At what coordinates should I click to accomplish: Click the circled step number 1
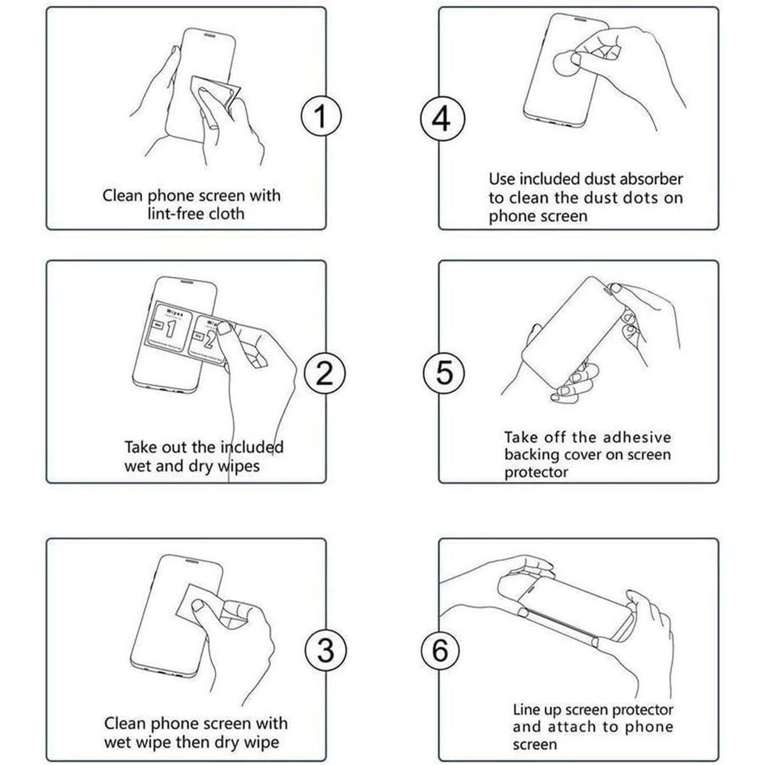coord(320,116)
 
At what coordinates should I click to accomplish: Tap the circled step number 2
coord(325,373)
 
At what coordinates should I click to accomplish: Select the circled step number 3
coord(325,651)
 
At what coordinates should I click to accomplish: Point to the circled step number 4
coord(442,118)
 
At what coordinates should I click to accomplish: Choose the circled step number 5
coord(444,372)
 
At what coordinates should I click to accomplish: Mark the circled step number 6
coord(440,651)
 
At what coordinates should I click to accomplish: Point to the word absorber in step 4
coord(651,179)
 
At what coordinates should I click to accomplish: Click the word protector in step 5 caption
coord(535,473)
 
